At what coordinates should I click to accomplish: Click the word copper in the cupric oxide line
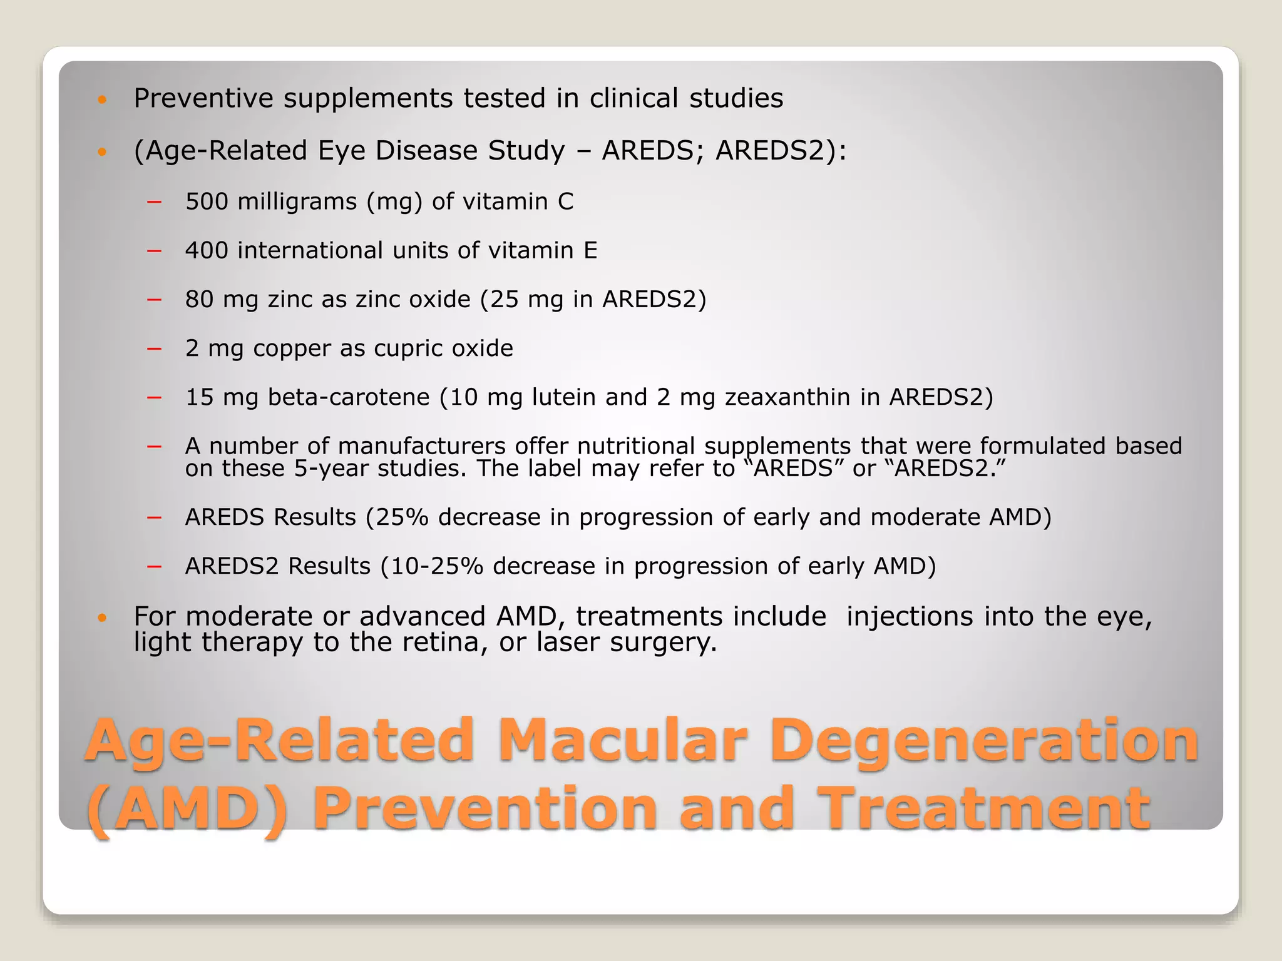[292, 348]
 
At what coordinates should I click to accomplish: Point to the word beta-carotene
[349, 397]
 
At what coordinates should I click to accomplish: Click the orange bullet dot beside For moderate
[103, 618]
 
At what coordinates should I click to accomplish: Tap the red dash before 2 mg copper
[154, 348]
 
